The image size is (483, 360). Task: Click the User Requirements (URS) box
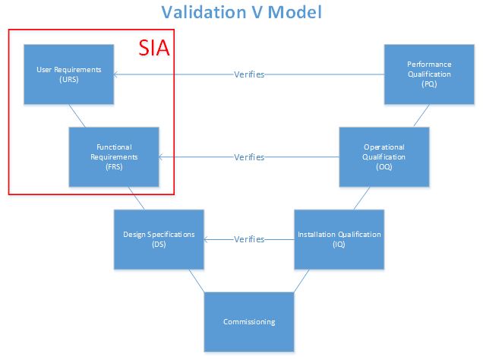point(68,74)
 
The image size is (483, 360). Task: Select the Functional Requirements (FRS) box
point(114,156)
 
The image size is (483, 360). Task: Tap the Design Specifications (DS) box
point(159,239)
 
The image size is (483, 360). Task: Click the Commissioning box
point(249,321)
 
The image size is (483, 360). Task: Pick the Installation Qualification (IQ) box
point(339,239)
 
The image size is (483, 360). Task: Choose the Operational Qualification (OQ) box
point(384,156)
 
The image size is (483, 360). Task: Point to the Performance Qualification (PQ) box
point(429,74)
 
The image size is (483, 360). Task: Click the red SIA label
point(153,46)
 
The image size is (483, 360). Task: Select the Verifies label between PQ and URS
point(249,74)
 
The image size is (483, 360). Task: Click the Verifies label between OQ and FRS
point(249,157)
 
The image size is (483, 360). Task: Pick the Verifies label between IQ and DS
point(249,239)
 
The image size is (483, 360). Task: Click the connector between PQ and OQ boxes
point(418,115)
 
